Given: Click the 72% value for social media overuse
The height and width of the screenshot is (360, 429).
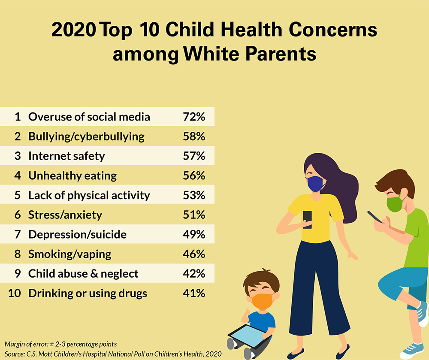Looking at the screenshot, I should coord(194,117).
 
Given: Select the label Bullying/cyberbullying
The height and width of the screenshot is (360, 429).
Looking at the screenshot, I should coord(86,136).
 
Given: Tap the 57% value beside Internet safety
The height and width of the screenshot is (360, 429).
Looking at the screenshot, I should coord(194,156).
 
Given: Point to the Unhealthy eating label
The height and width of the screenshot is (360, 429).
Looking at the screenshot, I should coord(73,175).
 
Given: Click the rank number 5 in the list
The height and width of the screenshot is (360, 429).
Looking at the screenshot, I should coord(18,195).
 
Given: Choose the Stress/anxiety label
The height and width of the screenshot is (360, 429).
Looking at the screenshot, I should coord(65,215).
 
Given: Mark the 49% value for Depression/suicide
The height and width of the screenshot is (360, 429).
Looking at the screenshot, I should coord(194,234).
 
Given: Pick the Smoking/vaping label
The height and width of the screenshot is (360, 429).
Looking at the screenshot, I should coord(69,254).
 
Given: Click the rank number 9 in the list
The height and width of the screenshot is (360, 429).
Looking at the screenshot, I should coord(18,274).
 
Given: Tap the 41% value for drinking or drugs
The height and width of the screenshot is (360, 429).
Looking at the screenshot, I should coord(194,293).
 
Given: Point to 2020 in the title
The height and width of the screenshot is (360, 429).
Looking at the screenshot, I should coord(73,31).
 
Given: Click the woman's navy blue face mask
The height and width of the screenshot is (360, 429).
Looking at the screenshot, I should coord(315,184).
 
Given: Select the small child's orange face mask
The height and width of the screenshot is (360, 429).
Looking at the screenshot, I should coord(262,300).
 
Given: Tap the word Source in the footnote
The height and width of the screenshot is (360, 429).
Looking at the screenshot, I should coord(15,353).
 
